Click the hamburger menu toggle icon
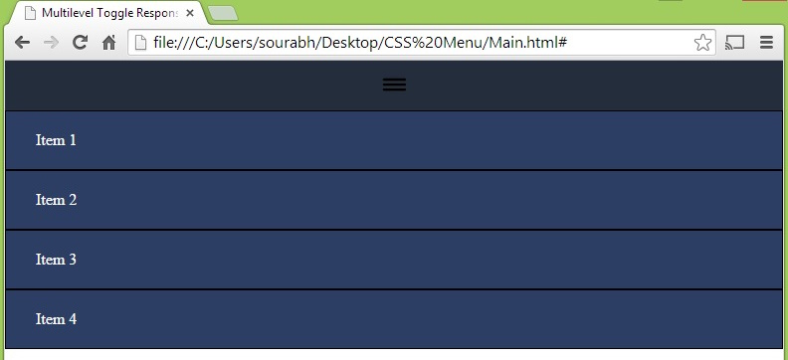394,85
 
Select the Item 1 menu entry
56,140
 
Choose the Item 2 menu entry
56,200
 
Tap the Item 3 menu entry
56,260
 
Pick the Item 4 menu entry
56,319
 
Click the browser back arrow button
22,43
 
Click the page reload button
81,43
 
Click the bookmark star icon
702,43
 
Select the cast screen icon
735,43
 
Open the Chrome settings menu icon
766,43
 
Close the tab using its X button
190,14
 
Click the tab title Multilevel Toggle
109,14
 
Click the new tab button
223,13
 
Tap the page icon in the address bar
141,43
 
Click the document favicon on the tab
31,14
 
